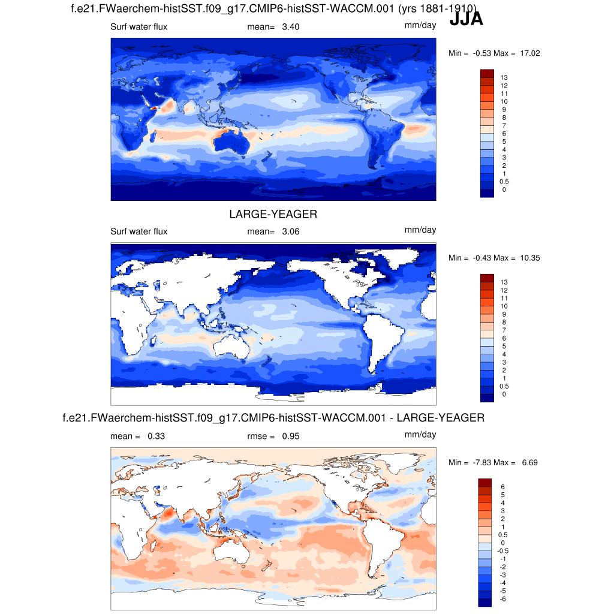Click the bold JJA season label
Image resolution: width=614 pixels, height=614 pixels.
pyautogui.click(x=466, y=20)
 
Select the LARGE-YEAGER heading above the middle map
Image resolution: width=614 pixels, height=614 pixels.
pyautogui.click(x=273, y=214)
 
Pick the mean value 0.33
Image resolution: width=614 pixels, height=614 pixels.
pyautogui.click(x=156, y=437)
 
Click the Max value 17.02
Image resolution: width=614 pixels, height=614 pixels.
pyautogui.click(x=530, y=53)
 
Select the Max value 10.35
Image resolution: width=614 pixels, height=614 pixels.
pyautogui.click(x=530, y=258)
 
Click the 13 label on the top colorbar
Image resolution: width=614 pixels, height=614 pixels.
pyautogui.click(x=504, y=77)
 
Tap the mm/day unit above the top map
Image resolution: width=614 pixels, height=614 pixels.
pyautogui.click(x=420, y=25)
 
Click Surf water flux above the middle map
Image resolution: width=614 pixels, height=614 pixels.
pyautogui.click(x=139, y=231)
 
